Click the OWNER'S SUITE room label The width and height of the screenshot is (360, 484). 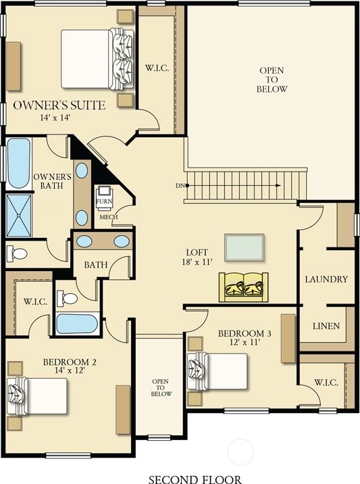click(x=59, y=105)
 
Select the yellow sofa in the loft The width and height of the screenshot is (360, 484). click(x=244, y=287)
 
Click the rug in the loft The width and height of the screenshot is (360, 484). click(x=245, y=247)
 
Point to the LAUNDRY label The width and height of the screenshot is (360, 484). click(x=326, y=279)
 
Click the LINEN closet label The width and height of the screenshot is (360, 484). click(x=326, y=326)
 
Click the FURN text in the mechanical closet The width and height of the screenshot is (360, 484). click(x=103, y=202)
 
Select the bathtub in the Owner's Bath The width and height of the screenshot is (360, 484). click(x=18, y=163)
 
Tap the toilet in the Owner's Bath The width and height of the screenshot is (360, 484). click(x=18, y=253)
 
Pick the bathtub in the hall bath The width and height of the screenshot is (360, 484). click(x=77, y=322)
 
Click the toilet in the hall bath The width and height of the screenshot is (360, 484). click(x=69, y=297)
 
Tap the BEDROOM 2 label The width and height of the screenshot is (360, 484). click(x=70, y=362)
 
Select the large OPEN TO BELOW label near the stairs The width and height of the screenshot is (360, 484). click(x=272, y=80)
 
